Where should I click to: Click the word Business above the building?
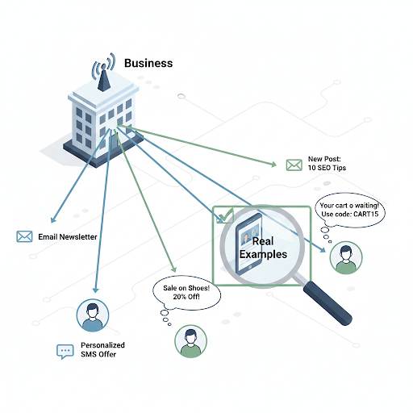pyautogui.click(x=148, y=62)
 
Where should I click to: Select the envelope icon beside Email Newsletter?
pyautogui.click(x=24, y=236)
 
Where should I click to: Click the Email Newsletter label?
pyautogui.click(x=68, y=236)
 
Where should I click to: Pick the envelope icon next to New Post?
pyautogui.click(x=294, y=165)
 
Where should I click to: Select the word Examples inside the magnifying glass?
pyautogui.click(x=263, y=254)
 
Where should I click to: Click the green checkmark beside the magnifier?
pyautogui.click(x=223, y=215)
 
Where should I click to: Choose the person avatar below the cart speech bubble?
pyautogui.click(x=345, y=258)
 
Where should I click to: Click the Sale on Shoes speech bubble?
pyautogui.click(x=181, y=292)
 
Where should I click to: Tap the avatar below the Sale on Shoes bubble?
pyautogui.click(x=190, y=341)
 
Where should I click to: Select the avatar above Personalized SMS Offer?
pyautogui.click(x=93, y=315)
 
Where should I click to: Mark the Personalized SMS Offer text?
pyautogui.click(x=102, y=350)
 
